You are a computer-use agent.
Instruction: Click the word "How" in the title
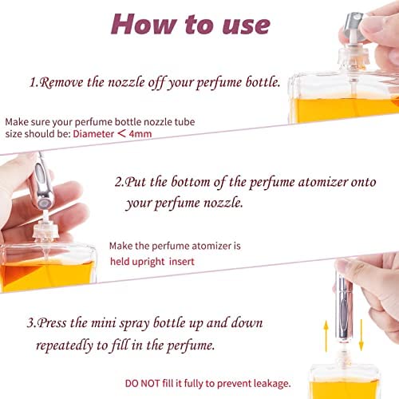click(144, 25)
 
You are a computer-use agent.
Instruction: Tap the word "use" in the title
click(247, 26)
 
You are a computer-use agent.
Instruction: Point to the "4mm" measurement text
click(140, 134)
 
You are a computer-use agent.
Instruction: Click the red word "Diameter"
click(93, 134)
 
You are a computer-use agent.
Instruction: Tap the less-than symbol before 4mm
click(121, 133)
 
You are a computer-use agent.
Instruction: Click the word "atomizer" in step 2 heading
click(322, 182)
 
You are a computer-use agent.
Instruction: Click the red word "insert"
click(182, 262)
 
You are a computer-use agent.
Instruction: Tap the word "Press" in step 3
click(52, 323)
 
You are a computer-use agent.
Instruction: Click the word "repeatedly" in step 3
click(65, 346)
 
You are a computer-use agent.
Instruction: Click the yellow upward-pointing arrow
click(326, 336)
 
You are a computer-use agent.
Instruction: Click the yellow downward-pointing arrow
click(361, 334)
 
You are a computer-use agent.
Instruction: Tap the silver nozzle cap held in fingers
click(354, 26)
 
